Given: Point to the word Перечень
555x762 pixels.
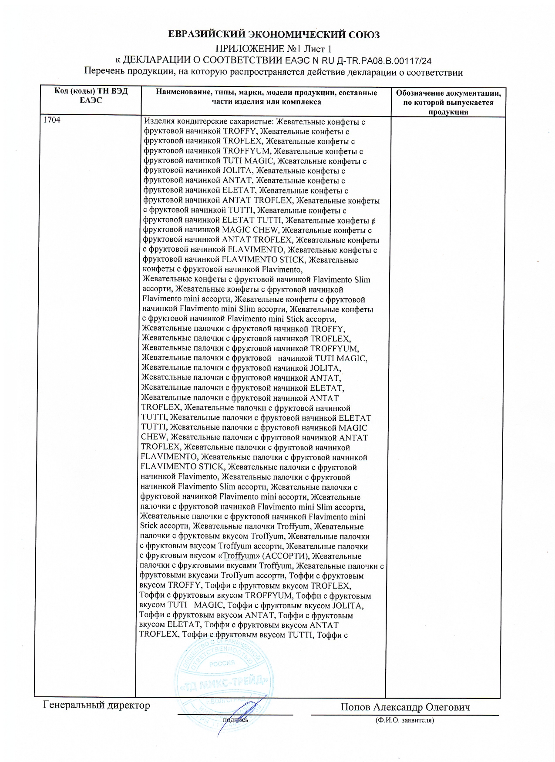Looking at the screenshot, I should (103, 72).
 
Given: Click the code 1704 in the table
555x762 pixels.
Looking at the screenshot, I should (52, 120).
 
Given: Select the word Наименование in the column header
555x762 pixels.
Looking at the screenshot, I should (181, 93).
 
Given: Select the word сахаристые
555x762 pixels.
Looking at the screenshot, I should (253, 122).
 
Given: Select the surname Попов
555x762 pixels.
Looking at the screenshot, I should (355, 707).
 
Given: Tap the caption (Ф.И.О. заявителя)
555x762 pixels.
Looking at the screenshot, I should (405, 720).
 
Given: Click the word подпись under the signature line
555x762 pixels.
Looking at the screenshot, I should (235, 720).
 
